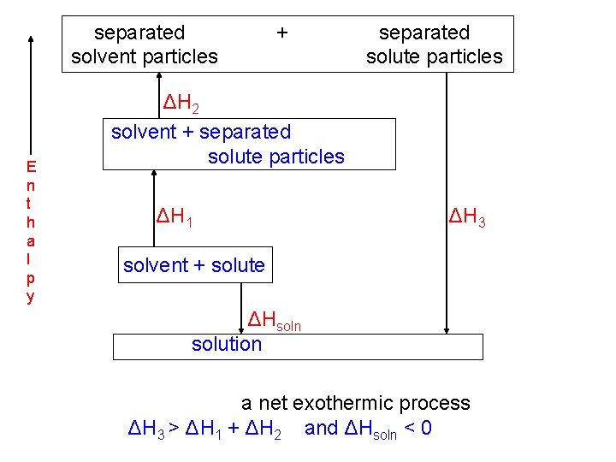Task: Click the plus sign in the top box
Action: [x=282, y=33]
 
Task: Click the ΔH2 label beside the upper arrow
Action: [x=182, y=105]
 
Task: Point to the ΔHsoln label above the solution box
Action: [x=274, y=321]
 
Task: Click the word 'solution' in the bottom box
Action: [x=227, y=344]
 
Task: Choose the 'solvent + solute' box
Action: [x=194, y=265]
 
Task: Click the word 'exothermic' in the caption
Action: [x=361, y=403]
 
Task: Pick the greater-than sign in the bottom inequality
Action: [x=172, y=428]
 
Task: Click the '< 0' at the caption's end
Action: [x=417, y=428]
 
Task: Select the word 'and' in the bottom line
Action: [x=321, y=428]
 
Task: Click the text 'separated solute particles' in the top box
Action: [x=434, y=44]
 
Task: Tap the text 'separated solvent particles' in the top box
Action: [x=145, y=44]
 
